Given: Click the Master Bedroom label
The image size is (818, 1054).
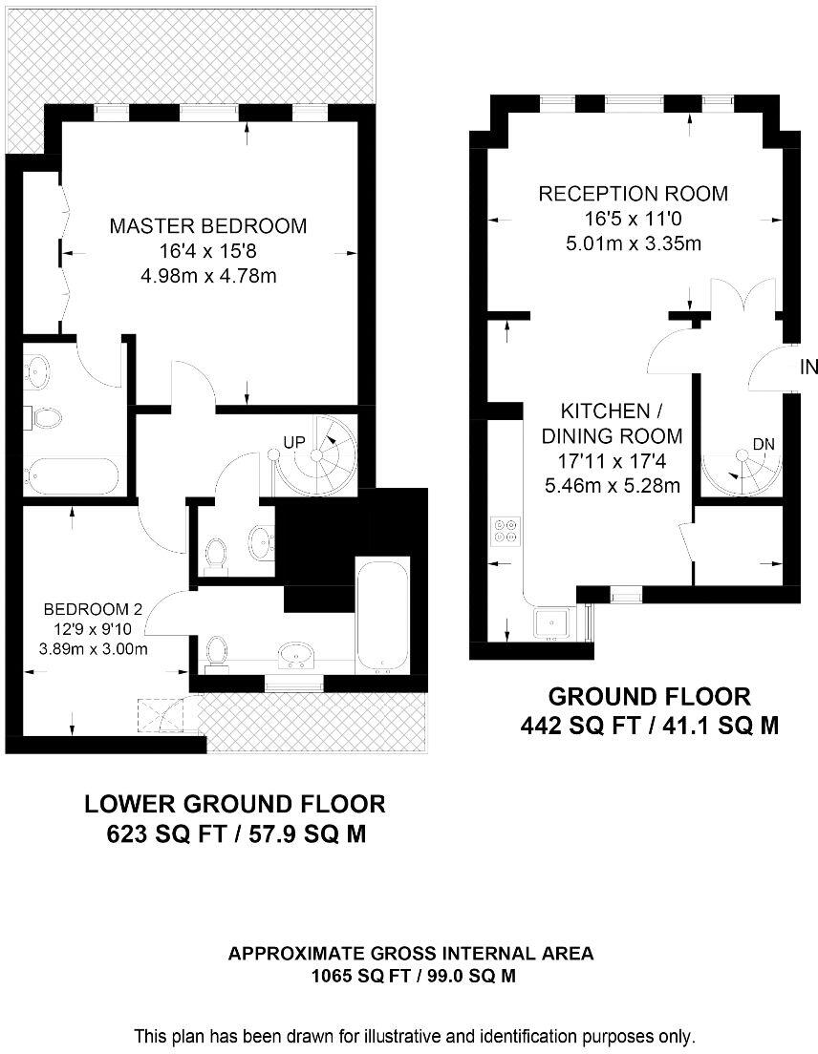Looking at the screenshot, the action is point(208,226).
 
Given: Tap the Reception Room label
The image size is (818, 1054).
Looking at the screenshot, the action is point(633,194).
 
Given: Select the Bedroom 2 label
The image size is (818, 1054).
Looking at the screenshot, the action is point(93,610).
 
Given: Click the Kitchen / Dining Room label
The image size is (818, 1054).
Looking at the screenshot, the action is point(612,424).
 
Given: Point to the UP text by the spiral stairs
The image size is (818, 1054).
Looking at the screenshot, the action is point(294,442).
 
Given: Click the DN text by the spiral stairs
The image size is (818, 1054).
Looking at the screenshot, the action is point(764,444).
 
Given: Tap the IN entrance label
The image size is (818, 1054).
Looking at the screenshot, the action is point(808,367).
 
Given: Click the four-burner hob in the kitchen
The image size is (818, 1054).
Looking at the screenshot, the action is point(506,530).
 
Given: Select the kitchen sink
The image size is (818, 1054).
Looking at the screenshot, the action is point(553,623).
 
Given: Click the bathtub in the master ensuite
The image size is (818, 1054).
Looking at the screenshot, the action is point(72,475).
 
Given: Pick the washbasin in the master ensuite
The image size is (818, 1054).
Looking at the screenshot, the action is point(36,371).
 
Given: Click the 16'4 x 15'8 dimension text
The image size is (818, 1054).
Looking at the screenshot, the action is point(208,251).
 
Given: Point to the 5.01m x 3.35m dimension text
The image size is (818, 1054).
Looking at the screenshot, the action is point(633,242).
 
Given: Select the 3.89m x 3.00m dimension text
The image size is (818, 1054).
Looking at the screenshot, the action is point(94,648).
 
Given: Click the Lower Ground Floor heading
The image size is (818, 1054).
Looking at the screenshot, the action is point(235,803).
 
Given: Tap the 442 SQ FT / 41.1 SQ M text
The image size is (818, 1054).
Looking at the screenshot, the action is point(650,726).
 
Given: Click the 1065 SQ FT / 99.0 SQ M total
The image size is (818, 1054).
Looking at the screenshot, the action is point(414,976).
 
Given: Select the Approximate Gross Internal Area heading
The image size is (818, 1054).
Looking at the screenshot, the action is point(411,953).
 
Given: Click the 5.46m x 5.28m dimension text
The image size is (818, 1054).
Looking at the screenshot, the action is point(613,485).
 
